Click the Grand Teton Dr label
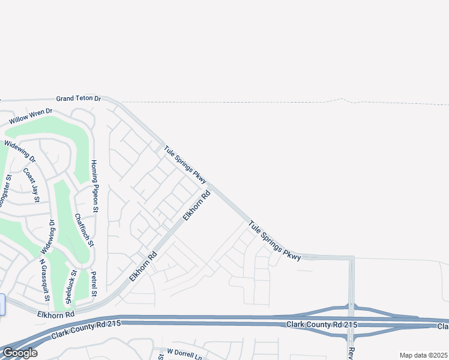(79, 98)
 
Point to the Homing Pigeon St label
(94, 187)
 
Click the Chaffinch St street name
(83, 230)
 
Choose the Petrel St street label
(94, 284)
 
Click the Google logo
(19, 353)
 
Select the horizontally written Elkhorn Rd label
(56, 314)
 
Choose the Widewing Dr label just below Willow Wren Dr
(20, 151)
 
